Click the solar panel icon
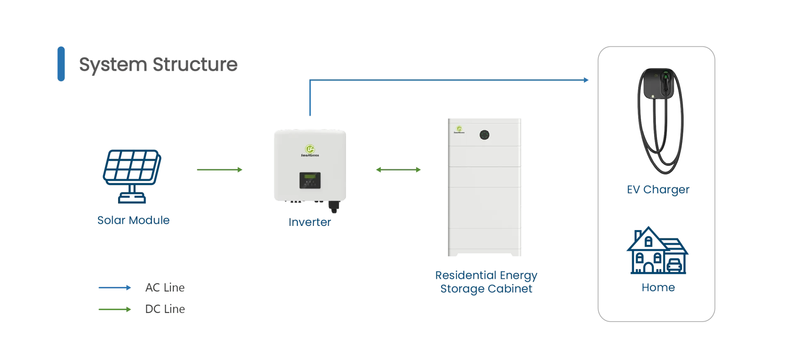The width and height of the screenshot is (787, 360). click(x=132, y=176)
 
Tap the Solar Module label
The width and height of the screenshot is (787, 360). click(x=133, y=220)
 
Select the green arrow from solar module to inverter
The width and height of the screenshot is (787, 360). click(x=220, y=170)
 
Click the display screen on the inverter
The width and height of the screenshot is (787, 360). click(x=310, y=180)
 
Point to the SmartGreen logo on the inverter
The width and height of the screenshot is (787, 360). click(x=310, y=150)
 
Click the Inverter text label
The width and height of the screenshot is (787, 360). click(x=309, y=222)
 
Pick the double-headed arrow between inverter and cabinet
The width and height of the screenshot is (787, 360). click(x=398, y=170)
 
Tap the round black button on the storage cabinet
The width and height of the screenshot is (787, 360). click(x=484, y=135)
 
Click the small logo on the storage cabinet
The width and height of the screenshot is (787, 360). click(x=459, y=130)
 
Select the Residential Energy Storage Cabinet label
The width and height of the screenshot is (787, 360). click(x=486, y=282)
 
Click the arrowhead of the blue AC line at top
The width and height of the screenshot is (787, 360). click(x=586, y=80)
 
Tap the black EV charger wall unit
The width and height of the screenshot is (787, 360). click(x=659, y=84)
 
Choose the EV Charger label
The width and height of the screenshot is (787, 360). click(x=658, y=189)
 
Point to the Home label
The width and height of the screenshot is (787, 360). click(x=658, y=287)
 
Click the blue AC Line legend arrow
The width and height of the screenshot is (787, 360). click(x=115, y=288)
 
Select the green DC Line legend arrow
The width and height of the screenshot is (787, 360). click(x=115, y=309)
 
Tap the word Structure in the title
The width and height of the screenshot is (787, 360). click(x=195, y=64)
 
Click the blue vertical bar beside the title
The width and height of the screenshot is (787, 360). click(x=61, y=64)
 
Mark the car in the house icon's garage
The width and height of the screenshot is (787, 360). click(x=675, y=266)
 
